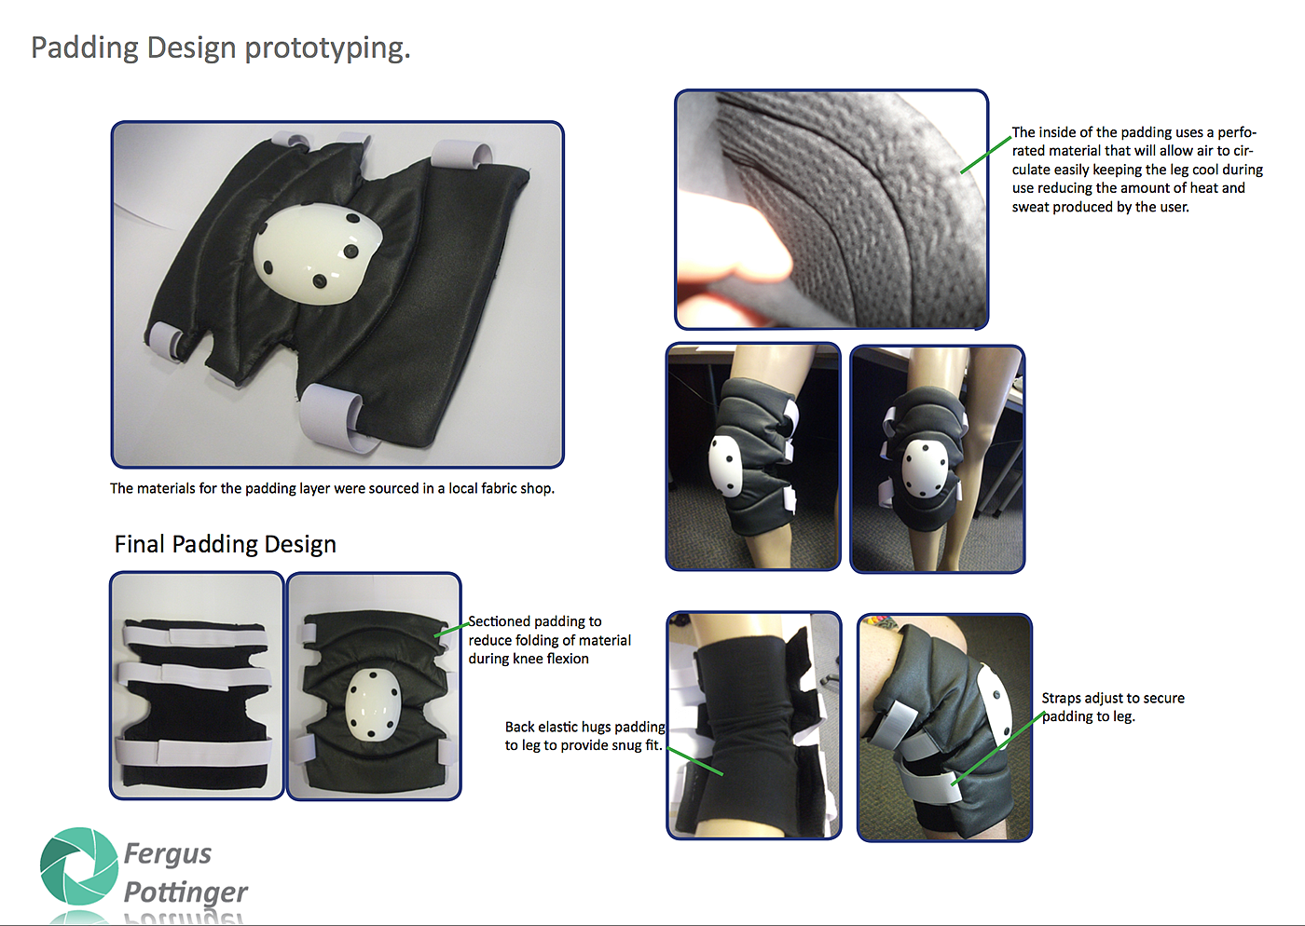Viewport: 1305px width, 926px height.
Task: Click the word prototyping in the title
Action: click(x=327, y=49)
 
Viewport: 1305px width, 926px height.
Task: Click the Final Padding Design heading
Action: click(x=226, y=544)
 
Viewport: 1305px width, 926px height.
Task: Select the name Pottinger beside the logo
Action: click(x=185, y=892)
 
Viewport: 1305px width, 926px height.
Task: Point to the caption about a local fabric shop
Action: click(x=332, y=488)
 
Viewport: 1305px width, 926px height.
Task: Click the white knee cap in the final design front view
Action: click(x=372, y=704)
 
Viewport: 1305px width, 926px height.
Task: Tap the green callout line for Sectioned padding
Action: click(x=451, y=630)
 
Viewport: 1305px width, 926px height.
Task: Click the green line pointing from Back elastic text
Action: click(x=695, y=760)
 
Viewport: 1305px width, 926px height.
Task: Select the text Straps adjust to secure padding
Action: click(x=1113, y=707)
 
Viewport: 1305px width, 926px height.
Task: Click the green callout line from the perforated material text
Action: click(x=986, y=155)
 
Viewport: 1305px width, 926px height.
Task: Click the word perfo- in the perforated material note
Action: click(x=1236, y=133)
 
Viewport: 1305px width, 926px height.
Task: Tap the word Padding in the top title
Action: click(x=85, y=49)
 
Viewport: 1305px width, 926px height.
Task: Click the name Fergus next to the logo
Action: click(x=168, y=854)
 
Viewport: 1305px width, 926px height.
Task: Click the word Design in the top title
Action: click(x=191, y=49)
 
